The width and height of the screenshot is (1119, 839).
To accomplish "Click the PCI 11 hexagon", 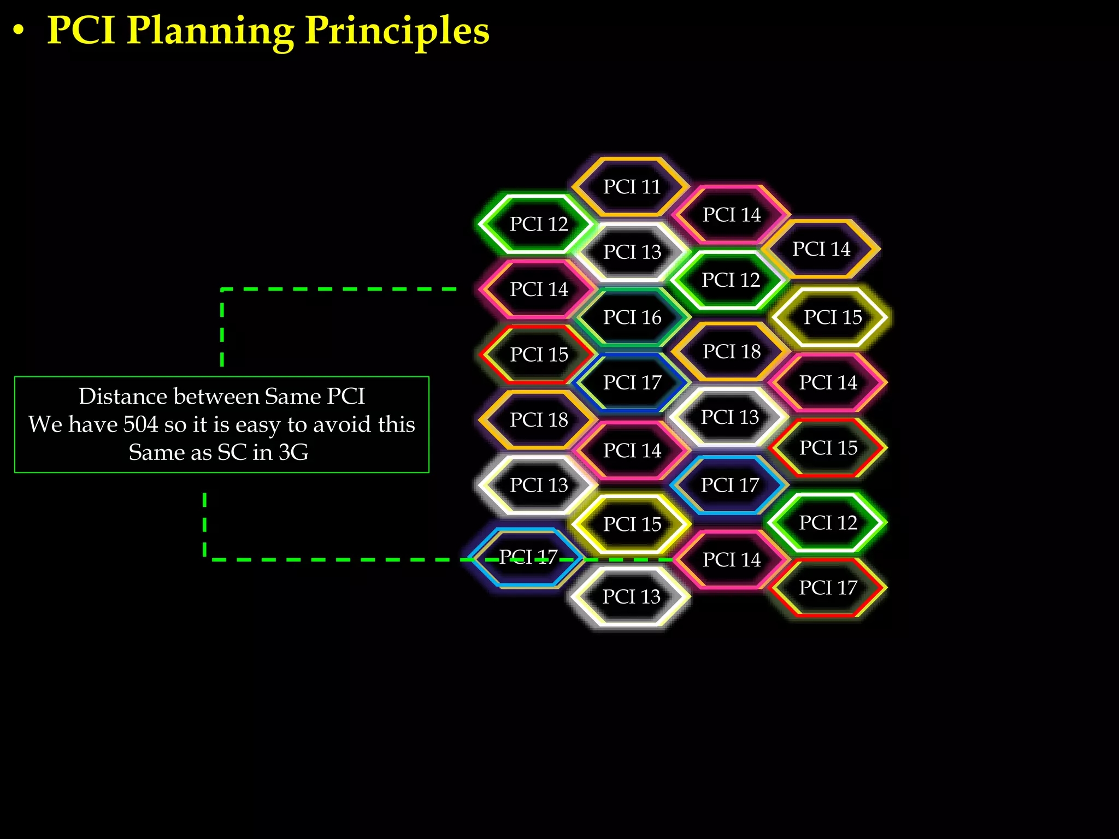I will pos(631,187).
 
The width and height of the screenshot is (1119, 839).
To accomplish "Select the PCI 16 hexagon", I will pos(632,317).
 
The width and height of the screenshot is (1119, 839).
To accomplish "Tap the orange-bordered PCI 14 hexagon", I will pos(821,249).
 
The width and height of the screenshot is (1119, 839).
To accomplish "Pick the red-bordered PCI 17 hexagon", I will pos(828,588).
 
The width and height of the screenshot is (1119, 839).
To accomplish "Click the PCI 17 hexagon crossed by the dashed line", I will pos(528,557).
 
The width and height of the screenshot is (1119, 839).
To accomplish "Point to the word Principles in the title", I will pos(397,31).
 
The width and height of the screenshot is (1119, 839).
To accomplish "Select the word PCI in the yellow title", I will pos(81,31).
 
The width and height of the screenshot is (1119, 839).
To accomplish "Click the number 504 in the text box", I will pos(140,424).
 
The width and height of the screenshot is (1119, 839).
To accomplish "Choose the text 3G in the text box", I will pos(294,452).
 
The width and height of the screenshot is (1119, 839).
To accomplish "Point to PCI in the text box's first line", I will pos(345,397).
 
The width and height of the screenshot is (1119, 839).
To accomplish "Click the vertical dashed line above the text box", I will pos(222,328).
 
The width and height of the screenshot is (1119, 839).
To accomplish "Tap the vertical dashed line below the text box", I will pos(204,524).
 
